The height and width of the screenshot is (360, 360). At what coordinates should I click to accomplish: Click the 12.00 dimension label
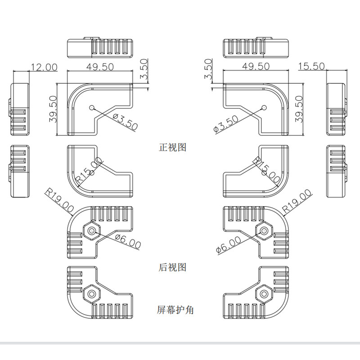[x=44, y=67]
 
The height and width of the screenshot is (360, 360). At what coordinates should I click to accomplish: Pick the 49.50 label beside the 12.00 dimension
[x=99, y=67]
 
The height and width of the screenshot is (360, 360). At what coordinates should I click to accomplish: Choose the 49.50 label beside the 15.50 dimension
[x=256, y=66]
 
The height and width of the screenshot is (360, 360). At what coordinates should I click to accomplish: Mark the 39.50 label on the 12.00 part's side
[x=53, y=109]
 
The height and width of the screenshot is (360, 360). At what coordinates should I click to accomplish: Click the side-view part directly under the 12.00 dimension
[x=20, y=109]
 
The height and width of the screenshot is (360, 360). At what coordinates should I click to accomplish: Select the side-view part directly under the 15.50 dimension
[x=336, y=109]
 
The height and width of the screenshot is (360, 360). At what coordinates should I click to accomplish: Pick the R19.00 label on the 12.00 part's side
[x=59, y=198]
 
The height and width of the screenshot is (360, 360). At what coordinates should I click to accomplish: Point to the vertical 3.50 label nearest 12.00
[x=144, y=69]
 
